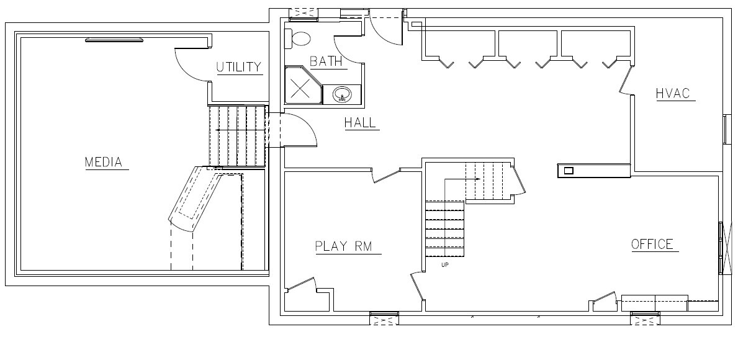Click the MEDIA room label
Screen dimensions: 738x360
[104, 162]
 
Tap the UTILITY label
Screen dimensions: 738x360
[238, 67]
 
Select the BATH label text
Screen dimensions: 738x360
[326, 61]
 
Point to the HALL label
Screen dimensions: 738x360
[361, 123]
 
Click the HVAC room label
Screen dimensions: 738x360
[673, 93]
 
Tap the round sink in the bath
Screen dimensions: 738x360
[342, 94]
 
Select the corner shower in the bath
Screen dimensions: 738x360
[303, 84]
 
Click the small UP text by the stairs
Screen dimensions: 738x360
[445, 264]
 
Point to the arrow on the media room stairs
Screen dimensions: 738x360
[239, 130]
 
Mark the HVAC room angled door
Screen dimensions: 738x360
[625, 79]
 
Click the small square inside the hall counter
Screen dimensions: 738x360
[569, 170]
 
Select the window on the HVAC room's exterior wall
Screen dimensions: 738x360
[725, 128]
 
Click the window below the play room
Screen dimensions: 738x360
[384, 318]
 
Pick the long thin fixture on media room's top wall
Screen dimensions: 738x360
[114, 40]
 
